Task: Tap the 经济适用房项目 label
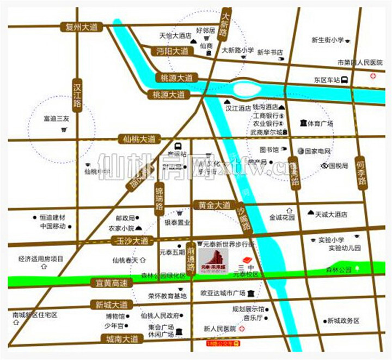pyautogui.click(x=41, y=259)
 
